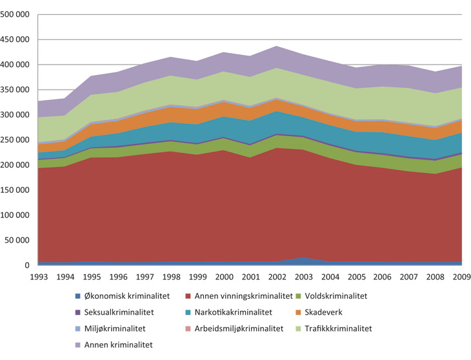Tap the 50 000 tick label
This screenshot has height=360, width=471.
point(19,240)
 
